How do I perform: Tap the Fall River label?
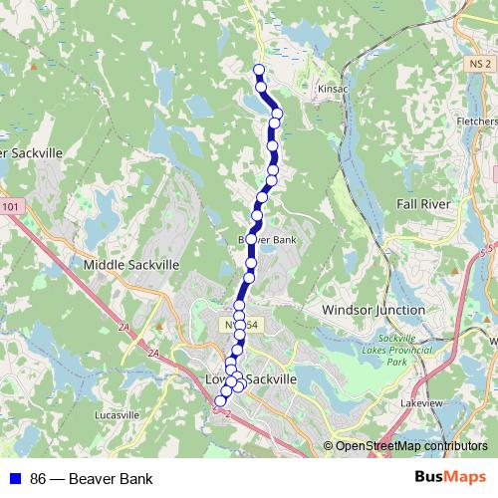click(x=424, y=203)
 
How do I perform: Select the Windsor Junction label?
click(x=373, y=310)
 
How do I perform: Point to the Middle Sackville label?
click(x=131, y=265)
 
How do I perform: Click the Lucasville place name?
click(x=117, y=414)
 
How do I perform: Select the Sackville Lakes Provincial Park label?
click(x=396, y=351)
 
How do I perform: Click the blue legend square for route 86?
click(x=14, y=479)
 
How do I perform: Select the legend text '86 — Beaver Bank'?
click(x=92, y=479)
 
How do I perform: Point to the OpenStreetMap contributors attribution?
click(x=410, y=446)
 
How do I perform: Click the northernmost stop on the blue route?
click(x=259, y=70)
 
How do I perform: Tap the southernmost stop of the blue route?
click(x=220, y=401)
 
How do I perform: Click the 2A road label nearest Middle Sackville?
click(x=123, y=326)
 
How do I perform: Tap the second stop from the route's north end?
click(x=262, y=87)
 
